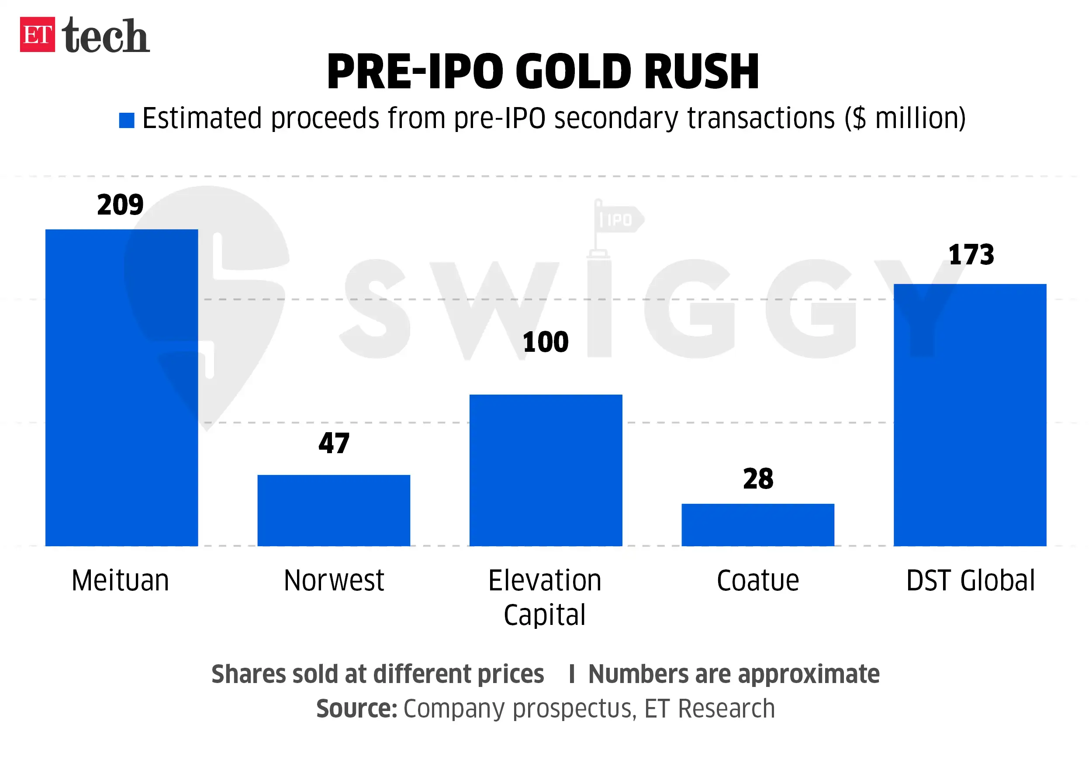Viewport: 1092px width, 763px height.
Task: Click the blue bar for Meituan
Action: coord(121,388)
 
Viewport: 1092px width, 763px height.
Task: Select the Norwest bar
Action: coord(333,510)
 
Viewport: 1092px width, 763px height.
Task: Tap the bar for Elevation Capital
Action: coord(546,470)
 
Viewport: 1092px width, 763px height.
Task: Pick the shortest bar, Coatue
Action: coord(758,525)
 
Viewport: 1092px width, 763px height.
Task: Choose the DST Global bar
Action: coord(970,415)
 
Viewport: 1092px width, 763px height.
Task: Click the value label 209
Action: coord(120,205)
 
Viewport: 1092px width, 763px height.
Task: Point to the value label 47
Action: coord(334,444)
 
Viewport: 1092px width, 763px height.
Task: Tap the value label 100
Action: coord(546,342)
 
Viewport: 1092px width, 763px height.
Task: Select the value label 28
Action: coord(758,479)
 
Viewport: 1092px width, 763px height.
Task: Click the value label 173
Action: coord(971,255)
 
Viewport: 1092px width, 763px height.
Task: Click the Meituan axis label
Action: coord(120,580)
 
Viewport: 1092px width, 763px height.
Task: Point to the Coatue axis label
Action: coord(758,580)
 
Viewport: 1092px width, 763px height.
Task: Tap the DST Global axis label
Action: coord(970,580)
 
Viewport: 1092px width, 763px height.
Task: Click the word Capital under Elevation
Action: coord(545,615)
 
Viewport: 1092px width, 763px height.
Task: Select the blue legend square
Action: coord(127,120)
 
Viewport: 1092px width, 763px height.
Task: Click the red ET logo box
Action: coord(37,34)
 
